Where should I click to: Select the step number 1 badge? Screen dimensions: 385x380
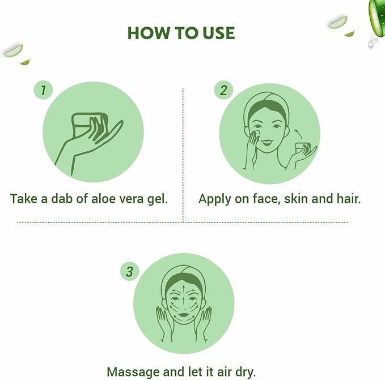point(44,90)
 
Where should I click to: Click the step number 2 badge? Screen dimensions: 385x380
point(223,90)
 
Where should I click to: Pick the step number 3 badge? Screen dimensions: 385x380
point(130,272)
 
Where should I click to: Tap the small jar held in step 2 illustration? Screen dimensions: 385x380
point(303,148)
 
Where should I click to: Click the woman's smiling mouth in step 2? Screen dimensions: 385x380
point(267,142)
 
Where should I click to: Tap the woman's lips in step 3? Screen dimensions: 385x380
point(184,314)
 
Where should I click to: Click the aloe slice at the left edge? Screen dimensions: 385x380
point(13,51)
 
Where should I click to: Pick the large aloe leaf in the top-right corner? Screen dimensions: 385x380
point(377,18)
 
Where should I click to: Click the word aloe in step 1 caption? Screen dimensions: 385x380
point(103,198)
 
